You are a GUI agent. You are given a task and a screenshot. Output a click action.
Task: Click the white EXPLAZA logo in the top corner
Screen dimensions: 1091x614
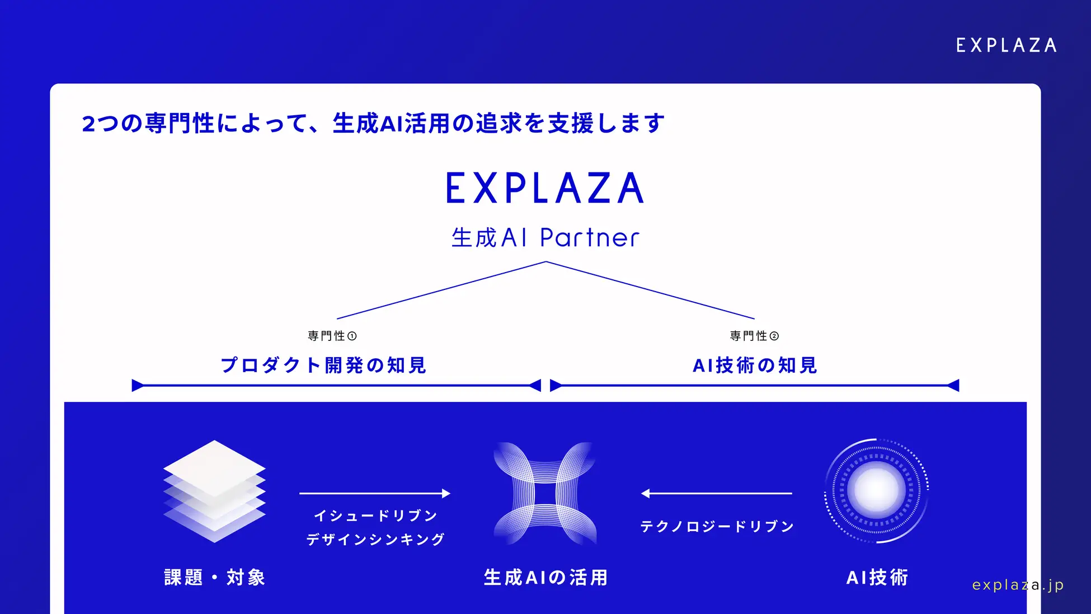(1006, 45)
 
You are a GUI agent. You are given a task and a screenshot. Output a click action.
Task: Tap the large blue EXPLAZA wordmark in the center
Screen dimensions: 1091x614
(545, 188)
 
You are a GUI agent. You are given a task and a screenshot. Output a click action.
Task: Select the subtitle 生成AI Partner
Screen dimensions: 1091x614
(545, 238)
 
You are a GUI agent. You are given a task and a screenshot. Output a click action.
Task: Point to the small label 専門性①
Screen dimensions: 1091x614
(332, 336)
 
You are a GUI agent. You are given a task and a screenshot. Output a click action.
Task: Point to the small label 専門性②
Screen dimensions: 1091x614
(754, 336)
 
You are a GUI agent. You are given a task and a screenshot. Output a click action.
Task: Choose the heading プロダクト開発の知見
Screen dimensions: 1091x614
(324, 365)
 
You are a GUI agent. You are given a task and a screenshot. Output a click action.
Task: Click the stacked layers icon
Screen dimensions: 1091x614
(214, 491)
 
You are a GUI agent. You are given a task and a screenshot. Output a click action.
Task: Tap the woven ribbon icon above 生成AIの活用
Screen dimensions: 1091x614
(545, 493)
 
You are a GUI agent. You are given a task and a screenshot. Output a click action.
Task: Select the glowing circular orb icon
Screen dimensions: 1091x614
(876, 491)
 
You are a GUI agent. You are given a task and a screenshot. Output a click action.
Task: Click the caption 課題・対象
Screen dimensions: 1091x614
(214, 578)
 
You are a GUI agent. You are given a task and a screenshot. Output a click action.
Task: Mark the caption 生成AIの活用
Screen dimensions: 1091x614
(545, 578)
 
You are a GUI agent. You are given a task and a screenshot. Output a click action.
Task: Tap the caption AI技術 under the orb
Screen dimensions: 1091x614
(877, 578)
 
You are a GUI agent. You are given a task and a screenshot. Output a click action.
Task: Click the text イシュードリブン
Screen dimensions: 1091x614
(375, 515)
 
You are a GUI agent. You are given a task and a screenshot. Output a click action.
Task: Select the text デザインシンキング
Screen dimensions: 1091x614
(375, 540)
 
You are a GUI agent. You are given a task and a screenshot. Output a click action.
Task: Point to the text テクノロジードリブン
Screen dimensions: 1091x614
(717, 527)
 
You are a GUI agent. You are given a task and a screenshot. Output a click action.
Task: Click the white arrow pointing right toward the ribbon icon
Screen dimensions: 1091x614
(375, 493)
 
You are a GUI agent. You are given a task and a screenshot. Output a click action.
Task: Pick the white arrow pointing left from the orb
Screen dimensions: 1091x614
(716, 493)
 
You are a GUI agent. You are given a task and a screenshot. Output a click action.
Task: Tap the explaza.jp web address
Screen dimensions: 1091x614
(1018, 585)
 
